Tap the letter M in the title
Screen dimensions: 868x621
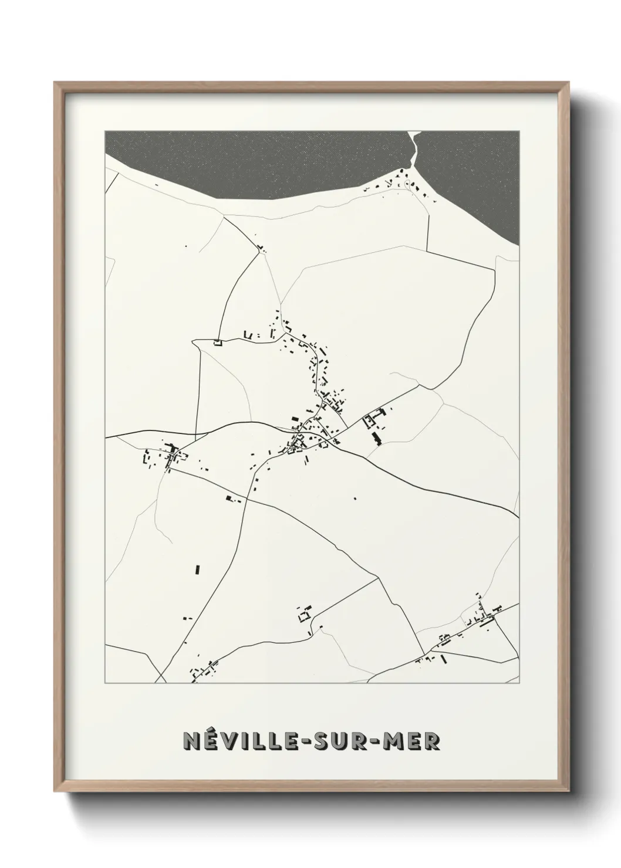point(394,741)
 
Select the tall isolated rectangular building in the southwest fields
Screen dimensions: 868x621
point(197,569)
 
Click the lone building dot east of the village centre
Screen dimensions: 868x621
point(355,498)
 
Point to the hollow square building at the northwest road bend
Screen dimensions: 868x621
point(217,343)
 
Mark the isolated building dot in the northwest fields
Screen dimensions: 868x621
point(187,246)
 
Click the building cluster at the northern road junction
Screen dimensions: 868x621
point(260,249)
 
